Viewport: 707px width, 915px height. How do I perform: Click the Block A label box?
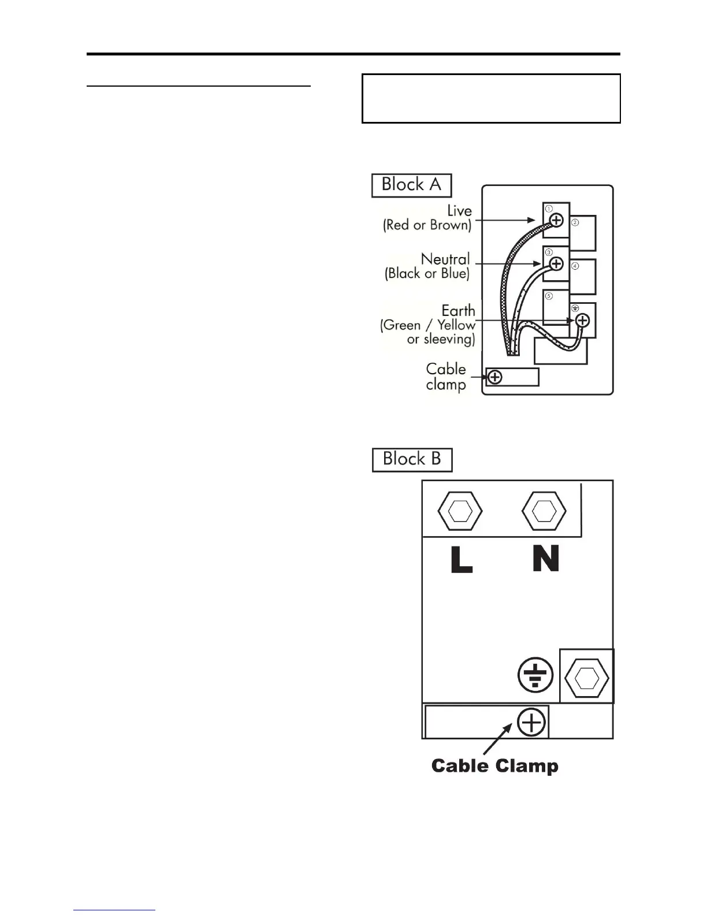411,185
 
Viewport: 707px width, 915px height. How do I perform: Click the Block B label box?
412,460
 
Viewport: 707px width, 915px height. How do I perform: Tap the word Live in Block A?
459,211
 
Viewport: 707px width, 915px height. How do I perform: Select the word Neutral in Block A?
445,259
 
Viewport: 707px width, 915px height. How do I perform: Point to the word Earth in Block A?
458,311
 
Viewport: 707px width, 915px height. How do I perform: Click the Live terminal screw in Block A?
556,220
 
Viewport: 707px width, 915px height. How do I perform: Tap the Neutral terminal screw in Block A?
556,264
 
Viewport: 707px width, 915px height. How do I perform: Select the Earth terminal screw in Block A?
582,320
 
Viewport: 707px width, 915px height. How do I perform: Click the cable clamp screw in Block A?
495,377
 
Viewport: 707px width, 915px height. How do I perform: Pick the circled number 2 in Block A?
575,222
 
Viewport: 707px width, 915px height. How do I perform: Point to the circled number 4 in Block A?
575,266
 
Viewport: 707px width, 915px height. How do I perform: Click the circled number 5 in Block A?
549,296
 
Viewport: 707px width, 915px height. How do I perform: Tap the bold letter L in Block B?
461,560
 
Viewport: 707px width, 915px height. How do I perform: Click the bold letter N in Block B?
546,559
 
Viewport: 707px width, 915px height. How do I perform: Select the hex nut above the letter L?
459,511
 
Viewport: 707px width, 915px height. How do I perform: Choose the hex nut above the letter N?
543,511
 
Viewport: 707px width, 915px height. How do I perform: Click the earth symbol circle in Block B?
535,676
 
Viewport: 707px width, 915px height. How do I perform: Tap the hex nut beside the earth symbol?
586,676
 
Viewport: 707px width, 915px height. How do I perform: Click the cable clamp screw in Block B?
531,723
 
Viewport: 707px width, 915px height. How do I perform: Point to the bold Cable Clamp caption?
495,766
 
